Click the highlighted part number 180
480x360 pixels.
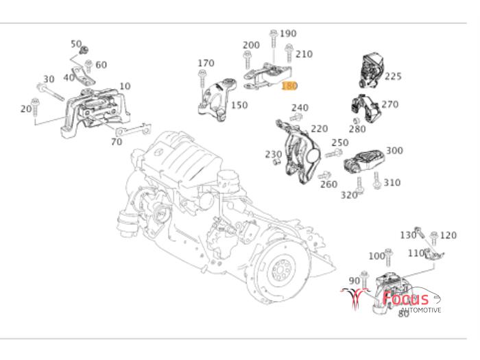[289, 86]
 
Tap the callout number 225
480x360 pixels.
[393, 77]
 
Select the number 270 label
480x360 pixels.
[389, 105]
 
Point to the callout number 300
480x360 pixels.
[394, 151]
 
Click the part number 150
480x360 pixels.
[239, 106]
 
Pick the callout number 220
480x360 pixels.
[319, 128]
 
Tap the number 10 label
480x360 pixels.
[124, 86]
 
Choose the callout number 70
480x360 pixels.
[117, 143]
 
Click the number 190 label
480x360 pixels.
[288, 33]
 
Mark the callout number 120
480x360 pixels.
[448, 235]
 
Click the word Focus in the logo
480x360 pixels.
[405, 299]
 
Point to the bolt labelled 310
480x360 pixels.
[377, 181]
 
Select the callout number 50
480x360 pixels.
[76, 44]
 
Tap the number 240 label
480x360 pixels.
[300, 108]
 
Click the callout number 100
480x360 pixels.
[376, 256]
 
